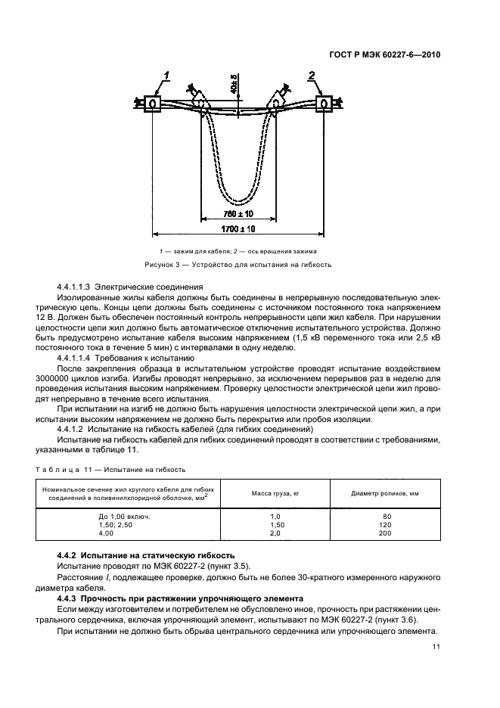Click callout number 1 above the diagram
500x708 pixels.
pyautogui.click(x=166, y=74)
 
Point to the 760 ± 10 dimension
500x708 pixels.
pyautogui.click(x=238, y=215)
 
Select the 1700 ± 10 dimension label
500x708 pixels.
pyautogui.click(x=238, y=228)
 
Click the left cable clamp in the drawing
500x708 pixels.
pyautogui.click(x=153, y=103)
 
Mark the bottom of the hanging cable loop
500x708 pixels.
pyautogui.click(x=239, y=200)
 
